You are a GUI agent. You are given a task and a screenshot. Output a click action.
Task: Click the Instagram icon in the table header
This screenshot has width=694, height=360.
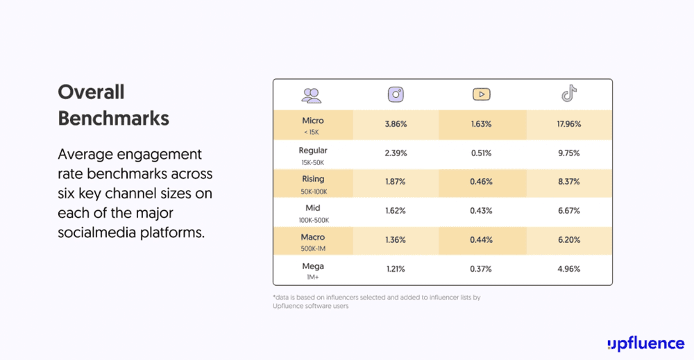click(x=396, y=95)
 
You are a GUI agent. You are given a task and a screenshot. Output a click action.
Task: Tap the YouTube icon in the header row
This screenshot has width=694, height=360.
click(x=482, y=95)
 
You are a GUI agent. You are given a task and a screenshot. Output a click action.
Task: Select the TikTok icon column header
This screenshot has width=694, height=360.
click(x=569, y=94)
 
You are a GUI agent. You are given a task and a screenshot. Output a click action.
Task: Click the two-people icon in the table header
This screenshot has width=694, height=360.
click(x=312, y=95)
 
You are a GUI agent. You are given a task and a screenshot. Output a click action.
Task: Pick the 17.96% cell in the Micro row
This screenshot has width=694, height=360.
click(x=569, y=124)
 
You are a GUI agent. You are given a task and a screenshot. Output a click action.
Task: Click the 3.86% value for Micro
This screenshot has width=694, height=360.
click(x=395, y=124)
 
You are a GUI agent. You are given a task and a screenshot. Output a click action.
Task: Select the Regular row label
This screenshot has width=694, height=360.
click(x=313, y=151)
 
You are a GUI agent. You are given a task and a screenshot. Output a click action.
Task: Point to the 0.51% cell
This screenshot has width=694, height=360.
click(x=482, y=153)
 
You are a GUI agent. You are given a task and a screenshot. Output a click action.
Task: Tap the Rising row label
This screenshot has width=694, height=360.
click(x=313, y=179)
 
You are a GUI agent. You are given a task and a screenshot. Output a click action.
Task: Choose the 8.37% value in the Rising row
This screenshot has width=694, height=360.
click(x=569, y=182)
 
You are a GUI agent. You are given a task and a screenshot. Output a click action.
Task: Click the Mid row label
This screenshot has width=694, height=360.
click(x=313, y=208)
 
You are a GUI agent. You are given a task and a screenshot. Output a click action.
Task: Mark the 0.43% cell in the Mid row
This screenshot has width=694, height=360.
click(x=482, y=211)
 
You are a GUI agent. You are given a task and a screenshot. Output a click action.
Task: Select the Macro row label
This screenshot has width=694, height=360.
click(x=313, y=237)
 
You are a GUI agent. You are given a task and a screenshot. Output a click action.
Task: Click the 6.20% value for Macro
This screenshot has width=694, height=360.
click(x=569, y=240)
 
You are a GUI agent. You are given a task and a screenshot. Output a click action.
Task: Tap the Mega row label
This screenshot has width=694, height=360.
click(x=313, y=266)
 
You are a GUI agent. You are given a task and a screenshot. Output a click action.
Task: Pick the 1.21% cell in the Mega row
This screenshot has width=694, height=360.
click(x=395, y=269)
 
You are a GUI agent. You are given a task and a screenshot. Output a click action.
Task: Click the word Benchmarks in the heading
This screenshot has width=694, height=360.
click(x=113, y=119)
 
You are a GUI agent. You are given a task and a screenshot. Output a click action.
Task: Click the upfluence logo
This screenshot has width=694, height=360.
click(x=645, y=343)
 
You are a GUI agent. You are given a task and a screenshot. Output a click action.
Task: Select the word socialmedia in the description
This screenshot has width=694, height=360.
click(x=95, y=232)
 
